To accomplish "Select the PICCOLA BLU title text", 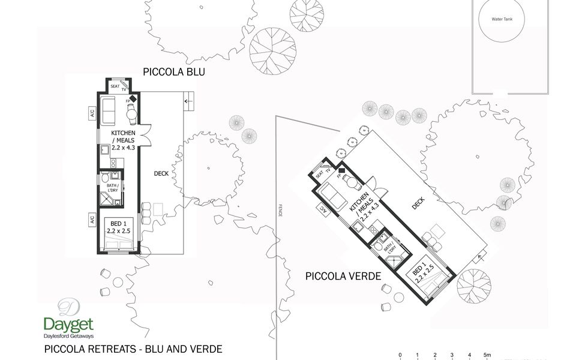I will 174,72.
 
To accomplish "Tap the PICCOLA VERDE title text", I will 343,277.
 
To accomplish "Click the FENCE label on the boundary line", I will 280,210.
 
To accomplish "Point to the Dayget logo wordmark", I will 68,324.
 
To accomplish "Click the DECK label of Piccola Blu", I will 161,173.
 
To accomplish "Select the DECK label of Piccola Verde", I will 418,203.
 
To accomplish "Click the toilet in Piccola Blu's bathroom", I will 105,178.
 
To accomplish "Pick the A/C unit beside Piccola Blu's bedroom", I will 92,219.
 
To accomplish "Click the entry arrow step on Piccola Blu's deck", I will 188,101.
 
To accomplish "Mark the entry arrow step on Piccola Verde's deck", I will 479,259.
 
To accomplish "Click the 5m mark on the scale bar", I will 488,355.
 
